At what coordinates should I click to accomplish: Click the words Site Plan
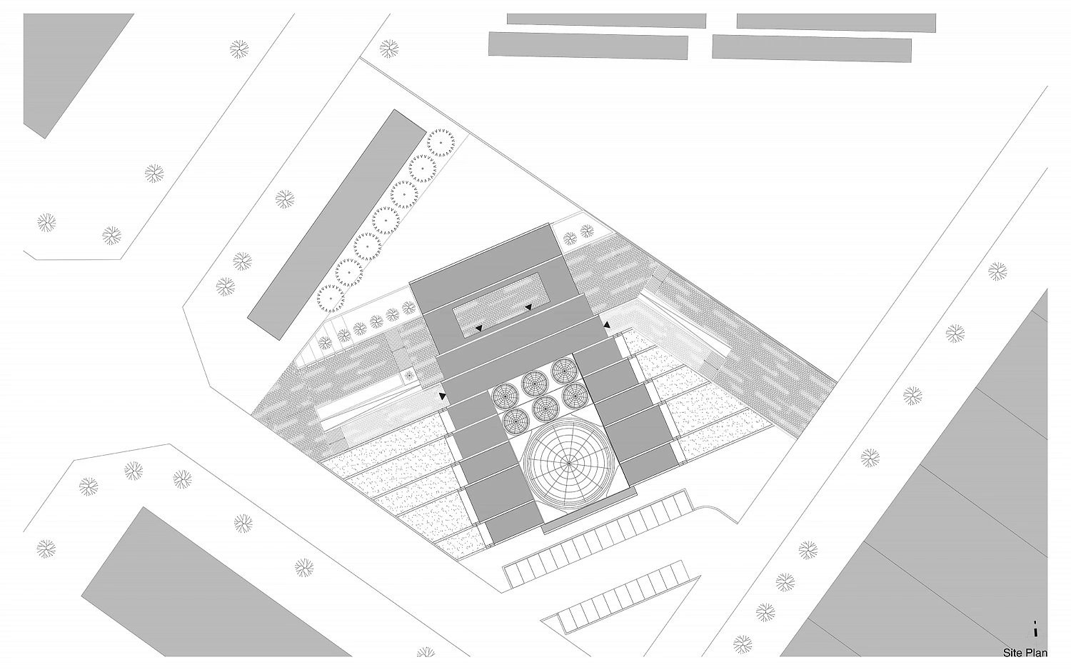pyautogui.click(x=1025, y=653)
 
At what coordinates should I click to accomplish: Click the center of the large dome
pyautogui.click(x=568, y=464)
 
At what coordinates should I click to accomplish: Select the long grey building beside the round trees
pyautogui.click(x=336, y=225)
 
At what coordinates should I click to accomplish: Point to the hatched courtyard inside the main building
pyautogui.click(x=502, y=305)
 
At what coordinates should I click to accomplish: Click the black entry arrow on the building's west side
pyautogui.click(x=443, y=396)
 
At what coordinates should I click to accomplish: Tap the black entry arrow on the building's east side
pyautogui.click(x=607, y=325)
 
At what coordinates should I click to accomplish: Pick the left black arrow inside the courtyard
pyautogui.click(x=478, y=329)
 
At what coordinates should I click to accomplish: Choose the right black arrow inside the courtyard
pyautogui.click(x=529, y=307)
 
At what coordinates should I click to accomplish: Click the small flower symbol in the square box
pyautogui.click(x=409, y=376)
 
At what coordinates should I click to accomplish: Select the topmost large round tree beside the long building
pyautogui.click(x=441, y=143)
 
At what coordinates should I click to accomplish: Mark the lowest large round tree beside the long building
pyautogui.click(x=331, y=298)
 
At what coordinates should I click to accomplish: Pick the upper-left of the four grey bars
pyautogui.click(x=606, y=20)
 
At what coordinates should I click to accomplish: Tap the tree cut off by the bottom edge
pyautogui.click(x=426, y=652)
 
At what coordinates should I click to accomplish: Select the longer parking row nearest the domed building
pyautogui.click(x=598, y=538)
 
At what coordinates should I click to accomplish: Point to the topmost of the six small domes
pyautogui.click(x=564, y=370)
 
